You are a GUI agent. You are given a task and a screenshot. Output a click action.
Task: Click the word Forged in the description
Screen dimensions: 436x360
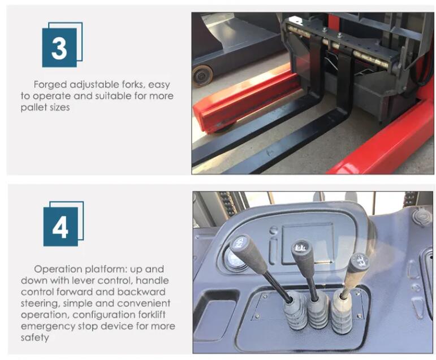tap(50, 85)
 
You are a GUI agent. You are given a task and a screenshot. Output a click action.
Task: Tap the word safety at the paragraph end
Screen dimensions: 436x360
tap(34, 338)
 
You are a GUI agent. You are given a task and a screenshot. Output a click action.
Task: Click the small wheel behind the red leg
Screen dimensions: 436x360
tap(202, 76)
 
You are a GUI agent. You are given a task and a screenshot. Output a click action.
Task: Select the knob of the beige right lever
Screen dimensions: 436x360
tap(359, 263)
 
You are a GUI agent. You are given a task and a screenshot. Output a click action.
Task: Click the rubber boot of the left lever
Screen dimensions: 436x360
tap(295, 311)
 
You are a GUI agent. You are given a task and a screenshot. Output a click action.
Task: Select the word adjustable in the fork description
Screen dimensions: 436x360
tap(94, 85)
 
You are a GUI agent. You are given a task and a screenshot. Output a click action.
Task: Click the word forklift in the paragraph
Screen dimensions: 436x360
tap(152, 315)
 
